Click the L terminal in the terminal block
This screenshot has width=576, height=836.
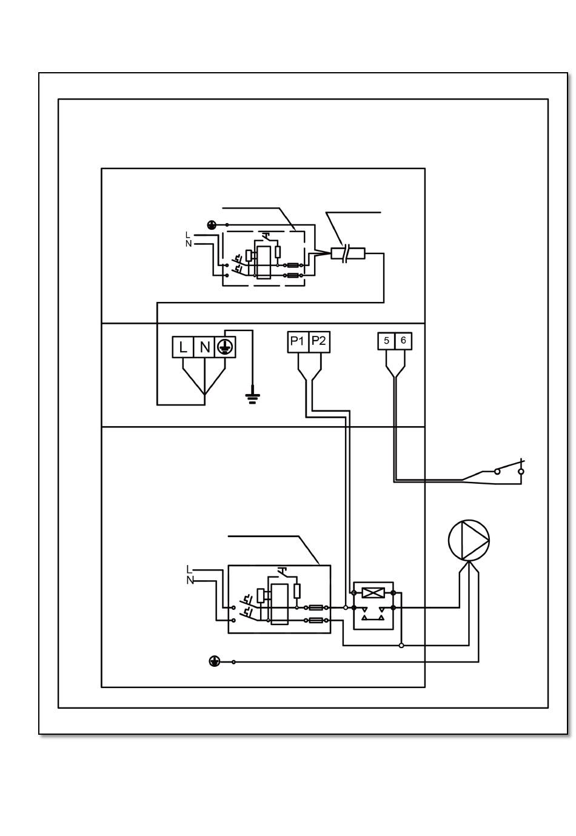coord(183,347)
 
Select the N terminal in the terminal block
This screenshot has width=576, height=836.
coord(204,347)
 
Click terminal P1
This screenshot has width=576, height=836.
coord(297,341)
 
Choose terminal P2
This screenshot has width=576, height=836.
coord(318,341)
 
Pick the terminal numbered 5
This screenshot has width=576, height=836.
coord(387,341)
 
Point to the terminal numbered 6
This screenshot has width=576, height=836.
coord(403,341)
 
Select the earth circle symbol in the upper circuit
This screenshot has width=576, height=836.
coord(212,225)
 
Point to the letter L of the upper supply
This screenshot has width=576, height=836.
coord(188,235)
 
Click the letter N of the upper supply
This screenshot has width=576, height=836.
coord(189,244)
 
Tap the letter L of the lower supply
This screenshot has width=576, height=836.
coord(189,569)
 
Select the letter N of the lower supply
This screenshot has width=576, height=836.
coord(190,580)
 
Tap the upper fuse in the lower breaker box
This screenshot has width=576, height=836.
coord(316,607)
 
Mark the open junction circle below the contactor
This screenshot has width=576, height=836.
coord(401,646)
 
